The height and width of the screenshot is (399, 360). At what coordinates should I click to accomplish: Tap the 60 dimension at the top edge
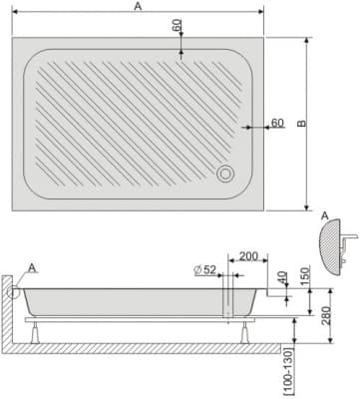click(178, 26)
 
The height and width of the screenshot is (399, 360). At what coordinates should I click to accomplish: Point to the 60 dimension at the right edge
click(277, 123)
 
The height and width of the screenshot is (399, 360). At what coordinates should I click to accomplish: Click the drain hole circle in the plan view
click(226, 174)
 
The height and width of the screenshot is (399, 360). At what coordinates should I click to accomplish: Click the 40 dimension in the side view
click(281, 275)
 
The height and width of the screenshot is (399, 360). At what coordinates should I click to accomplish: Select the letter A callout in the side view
click(34, 267)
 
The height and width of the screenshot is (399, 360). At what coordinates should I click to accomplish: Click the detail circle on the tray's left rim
click(15, 289)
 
